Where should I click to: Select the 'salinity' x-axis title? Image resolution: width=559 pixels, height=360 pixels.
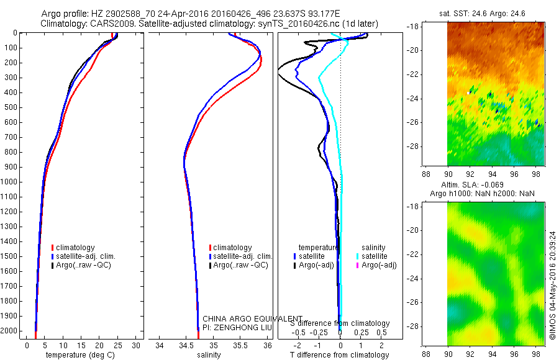pyautogui.click(x=209, y=355)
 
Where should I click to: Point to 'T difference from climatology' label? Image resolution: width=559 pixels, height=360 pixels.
pyautogui.click(x=339, y=355)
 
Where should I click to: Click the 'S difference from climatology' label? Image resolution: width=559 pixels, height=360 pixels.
pyautogui.click(x=340, y=323)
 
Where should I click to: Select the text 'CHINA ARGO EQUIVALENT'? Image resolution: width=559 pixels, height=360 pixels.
pyautogui.click(x=253, y=318)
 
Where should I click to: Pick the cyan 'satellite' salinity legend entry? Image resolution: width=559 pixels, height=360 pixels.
pyautogui.click(x=373, y=256)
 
